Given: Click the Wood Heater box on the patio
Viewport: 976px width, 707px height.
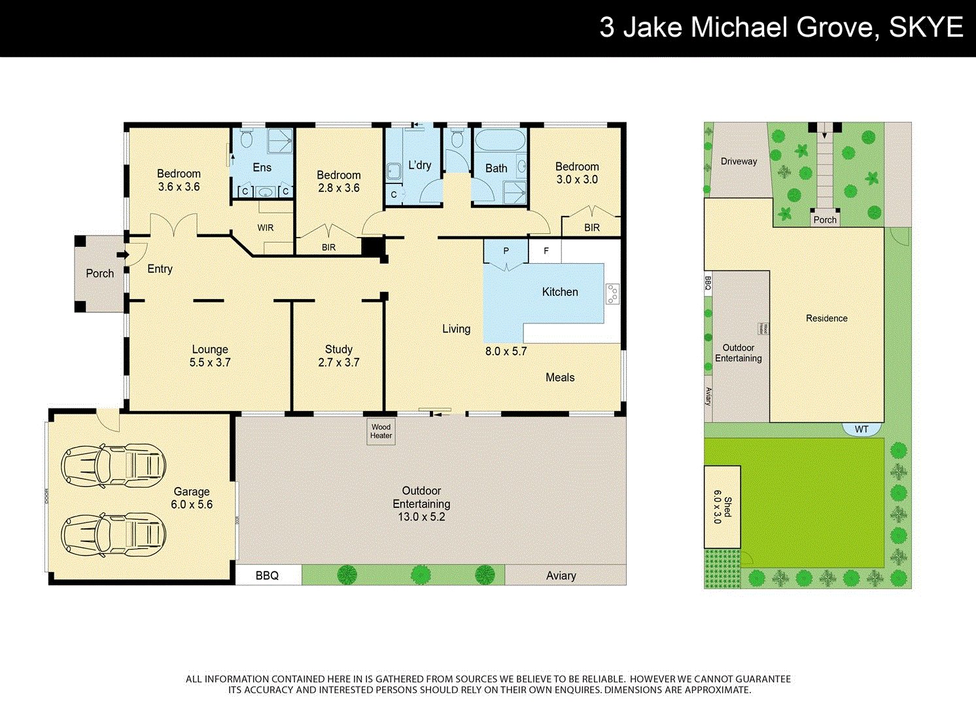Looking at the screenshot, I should pyautogui.click(x=381, y=431).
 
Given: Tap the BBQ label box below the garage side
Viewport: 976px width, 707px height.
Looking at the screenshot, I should pyautogui.click(x=268, y=575).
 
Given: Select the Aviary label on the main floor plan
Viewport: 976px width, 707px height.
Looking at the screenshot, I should pyautogui.click(x=561, y=575).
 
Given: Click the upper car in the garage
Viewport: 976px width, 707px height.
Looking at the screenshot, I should pyautogui.click(x=113, y=465).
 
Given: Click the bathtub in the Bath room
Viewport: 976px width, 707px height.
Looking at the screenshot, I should pyautogui.click(x=500, y=141).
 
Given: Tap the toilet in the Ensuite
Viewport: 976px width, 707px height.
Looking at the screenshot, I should pyautogui.click(x=247, y=139).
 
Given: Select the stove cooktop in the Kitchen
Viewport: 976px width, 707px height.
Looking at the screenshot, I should pyautogui.click(x=612, y=293).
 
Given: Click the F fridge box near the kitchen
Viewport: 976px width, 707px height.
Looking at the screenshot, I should pyautogui.click(x=546, y=251).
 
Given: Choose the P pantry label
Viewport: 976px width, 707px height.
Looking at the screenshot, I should pyautogui.click(x=506, y=251).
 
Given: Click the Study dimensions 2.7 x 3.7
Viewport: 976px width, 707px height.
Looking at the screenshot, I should pyautogui.click(x=338, y=363).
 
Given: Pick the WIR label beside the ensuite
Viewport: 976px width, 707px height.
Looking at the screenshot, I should pyautogui.click(x=266, y=228).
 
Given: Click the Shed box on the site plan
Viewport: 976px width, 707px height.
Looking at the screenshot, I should pyautogui.click(x=722, y=507).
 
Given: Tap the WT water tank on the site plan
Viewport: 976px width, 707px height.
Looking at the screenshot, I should pyautogui.click(x=862, y=429).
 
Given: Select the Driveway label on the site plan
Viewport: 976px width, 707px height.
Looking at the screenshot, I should pyautogui.click(x=739, y=162).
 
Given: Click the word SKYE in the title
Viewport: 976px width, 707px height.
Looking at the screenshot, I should pyautogui.click(x=926, y=27).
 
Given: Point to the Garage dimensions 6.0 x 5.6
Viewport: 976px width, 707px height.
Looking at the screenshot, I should pyautogui.click(x=192, y=505).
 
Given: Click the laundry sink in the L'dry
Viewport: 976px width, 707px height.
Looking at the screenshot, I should pyautogui.click(x=393, y=172).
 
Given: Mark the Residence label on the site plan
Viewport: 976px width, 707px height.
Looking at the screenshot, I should pyautogui.click(x=826, y=319).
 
